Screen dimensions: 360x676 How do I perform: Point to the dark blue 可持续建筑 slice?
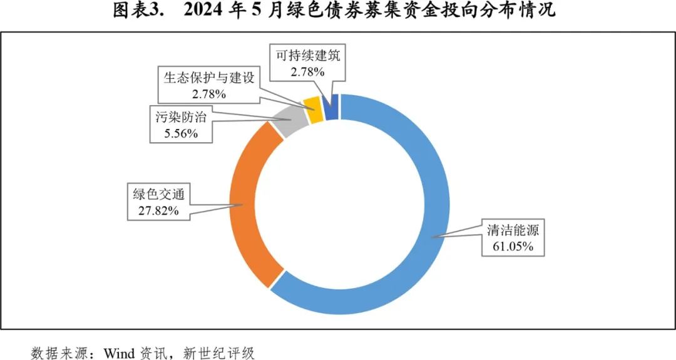[332, 106]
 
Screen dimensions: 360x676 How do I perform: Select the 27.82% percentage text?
[158, 210]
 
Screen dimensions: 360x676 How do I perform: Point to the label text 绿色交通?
[158, 194]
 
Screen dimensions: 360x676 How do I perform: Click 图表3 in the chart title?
[137, 11]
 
